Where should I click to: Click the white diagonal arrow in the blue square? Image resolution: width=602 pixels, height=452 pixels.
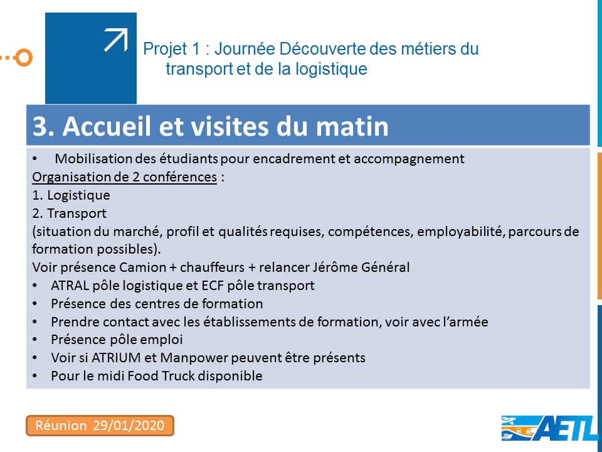(116, 40)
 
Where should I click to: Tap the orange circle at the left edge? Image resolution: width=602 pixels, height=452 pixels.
(24, 58)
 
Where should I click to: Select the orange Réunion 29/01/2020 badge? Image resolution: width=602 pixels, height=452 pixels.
(100, 426)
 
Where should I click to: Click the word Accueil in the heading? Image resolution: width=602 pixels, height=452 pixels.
(107, 126)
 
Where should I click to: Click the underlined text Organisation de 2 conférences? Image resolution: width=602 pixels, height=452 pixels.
(124, 177)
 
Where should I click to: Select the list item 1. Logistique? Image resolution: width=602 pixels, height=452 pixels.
(71, 195)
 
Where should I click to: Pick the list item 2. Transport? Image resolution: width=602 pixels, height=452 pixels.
(69, 213)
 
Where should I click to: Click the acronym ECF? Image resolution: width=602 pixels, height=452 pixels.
(213, 285)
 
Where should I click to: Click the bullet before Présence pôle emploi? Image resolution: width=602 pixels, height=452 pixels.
(35, 340)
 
